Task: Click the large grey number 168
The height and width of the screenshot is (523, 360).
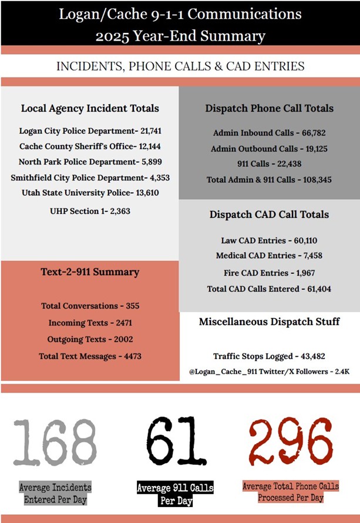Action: (55, 441)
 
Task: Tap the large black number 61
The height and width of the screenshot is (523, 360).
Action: (176, 441)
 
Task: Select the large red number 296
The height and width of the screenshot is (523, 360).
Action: (291, 441)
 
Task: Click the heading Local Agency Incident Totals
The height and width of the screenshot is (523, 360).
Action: (90, 108)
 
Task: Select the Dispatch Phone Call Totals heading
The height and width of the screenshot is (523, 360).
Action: (269, 108)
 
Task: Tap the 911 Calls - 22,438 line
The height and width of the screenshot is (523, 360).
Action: (269, 164)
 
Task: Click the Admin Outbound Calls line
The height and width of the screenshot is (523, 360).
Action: (269, 149)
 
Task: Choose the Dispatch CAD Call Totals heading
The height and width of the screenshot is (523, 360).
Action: (269, 214)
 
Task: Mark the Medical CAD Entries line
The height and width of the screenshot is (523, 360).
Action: (269, 256)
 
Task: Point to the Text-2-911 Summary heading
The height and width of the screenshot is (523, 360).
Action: (90, 271)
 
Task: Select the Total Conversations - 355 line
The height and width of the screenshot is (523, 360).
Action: (90, 306)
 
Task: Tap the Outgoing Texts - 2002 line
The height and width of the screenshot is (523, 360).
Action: (90, 339)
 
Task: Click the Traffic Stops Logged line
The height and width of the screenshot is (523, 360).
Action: (269, 356)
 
